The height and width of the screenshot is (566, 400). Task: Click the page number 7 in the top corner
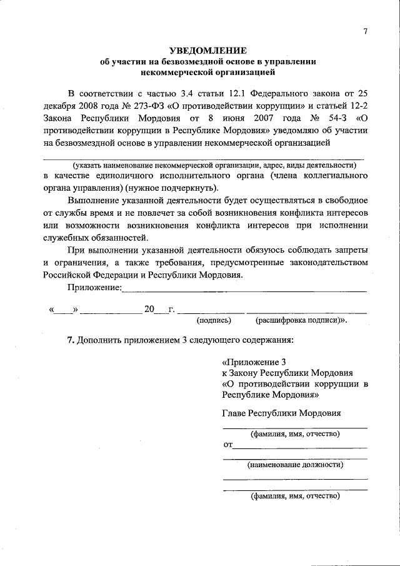click(367, 33)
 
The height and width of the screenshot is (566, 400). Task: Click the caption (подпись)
click(214, 320)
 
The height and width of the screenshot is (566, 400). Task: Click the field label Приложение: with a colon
click(94, 287)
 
